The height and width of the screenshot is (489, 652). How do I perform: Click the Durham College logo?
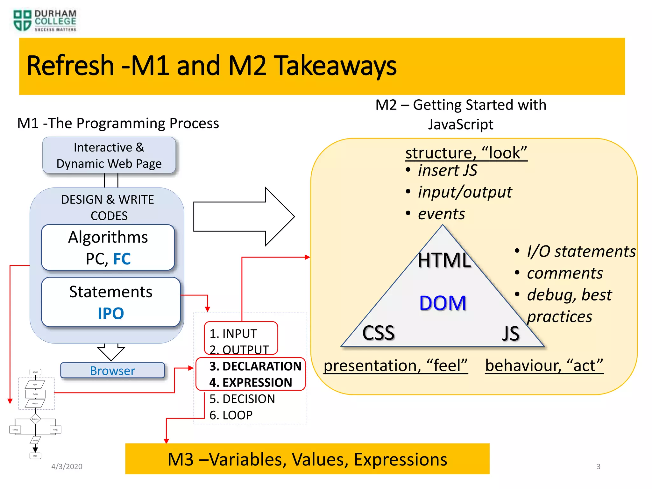[45, 21]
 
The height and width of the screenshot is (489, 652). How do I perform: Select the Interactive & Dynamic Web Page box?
[109, 155]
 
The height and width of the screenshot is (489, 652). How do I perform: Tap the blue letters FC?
[122, 259]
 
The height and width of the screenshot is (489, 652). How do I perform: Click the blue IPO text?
[111, 313]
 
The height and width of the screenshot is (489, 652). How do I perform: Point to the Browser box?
[112, 371]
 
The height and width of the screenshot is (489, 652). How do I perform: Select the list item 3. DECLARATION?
[255, 366]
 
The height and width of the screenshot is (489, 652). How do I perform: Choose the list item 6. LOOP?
[231, 415]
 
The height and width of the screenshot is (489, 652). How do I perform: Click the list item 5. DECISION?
[242, 399]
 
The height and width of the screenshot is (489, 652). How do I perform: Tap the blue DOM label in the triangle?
[443, 303]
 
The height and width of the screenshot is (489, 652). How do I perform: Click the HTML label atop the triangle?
[444, 260]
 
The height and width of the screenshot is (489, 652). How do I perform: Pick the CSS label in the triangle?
[378, 333]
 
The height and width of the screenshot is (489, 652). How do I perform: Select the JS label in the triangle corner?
[511, 334]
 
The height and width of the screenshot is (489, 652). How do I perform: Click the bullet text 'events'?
[441, 214]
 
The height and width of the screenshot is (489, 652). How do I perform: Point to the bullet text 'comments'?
[564, 273]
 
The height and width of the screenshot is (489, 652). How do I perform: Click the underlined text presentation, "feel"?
[395, 365]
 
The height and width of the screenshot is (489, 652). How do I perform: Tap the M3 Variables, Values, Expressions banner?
[307, 459]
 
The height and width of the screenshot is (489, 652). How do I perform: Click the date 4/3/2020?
[67, 466]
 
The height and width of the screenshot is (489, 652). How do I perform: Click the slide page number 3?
[598, 466]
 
